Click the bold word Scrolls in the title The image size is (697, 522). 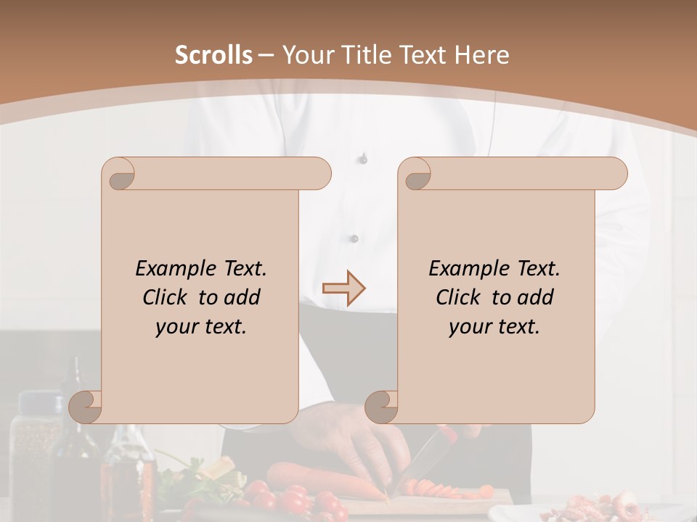[213, 55]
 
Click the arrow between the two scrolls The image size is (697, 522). [343, 289]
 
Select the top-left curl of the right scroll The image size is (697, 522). [416, 175]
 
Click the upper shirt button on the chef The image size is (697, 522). [363, 158]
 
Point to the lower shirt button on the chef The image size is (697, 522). [354, 238]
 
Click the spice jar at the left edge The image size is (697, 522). [39, 449]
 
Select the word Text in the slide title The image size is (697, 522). [421, 55]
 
